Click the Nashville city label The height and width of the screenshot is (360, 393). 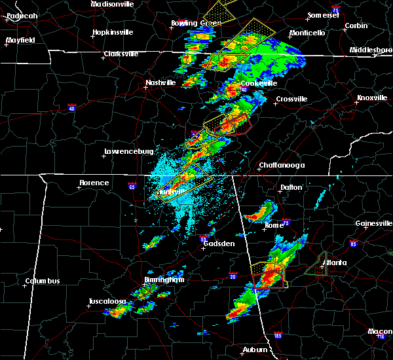[160, 83]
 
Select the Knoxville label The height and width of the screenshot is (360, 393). [371, 98]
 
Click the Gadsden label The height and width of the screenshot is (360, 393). [219, 243]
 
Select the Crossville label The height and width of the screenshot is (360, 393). [291, 99]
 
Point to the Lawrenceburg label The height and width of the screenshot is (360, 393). [128, 152]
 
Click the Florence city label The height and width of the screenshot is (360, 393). [94, 183]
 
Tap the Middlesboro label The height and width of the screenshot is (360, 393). [371, 50]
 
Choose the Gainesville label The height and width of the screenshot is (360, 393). [374, 223]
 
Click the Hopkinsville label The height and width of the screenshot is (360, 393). [112, 32]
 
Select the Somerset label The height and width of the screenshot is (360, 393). [326, 15]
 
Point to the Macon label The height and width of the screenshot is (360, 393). [380, 331]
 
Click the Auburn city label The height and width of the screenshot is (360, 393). [254, 350]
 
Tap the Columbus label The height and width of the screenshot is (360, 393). [43, 281]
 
